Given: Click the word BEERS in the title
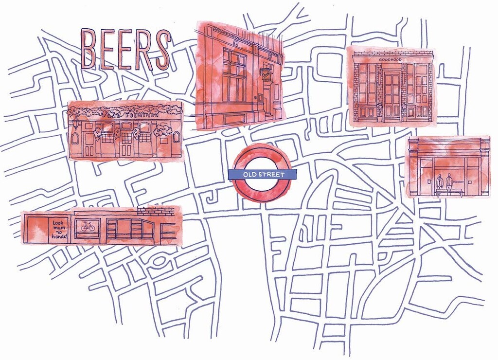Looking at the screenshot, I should tap(125, 49).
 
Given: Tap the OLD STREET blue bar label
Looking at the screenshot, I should tap(263, 174).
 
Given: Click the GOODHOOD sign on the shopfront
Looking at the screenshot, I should tap(392, 59).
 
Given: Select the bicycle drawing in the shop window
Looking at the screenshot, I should tap(88, 227).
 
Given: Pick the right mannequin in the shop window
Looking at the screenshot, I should tap(449, 181).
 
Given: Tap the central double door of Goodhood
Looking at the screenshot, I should tap(392, 95).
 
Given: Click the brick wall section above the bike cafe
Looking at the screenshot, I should tap(156, 211).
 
